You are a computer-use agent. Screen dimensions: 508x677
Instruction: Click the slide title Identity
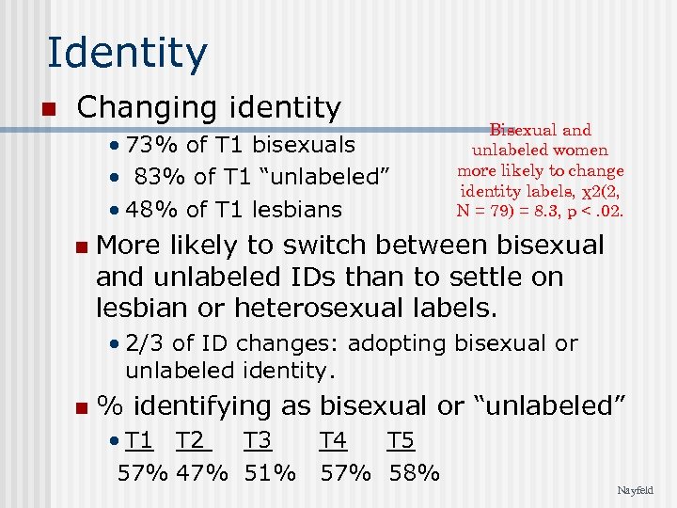click(127, 54)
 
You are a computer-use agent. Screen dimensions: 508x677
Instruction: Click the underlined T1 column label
click(139, 440)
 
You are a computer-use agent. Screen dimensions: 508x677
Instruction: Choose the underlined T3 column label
click(258, 440)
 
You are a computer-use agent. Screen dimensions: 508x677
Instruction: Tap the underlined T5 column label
click(401, 440)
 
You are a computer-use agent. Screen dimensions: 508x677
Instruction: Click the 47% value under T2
click(201, 472)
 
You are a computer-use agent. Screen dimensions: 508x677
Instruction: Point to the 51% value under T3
click(270, 472)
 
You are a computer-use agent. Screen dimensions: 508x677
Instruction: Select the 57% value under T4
click(347, 472)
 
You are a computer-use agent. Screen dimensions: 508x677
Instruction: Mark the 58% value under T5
click(413, 472)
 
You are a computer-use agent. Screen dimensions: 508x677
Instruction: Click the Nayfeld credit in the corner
click(636, 490)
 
